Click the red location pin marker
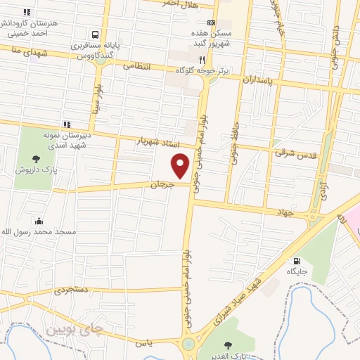(181, 166)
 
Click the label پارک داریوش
(34, 170)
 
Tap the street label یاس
(143, 343)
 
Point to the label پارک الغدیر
(229, 356)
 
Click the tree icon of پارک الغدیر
(229, 345)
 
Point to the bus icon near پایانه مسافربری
(94, 34)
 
